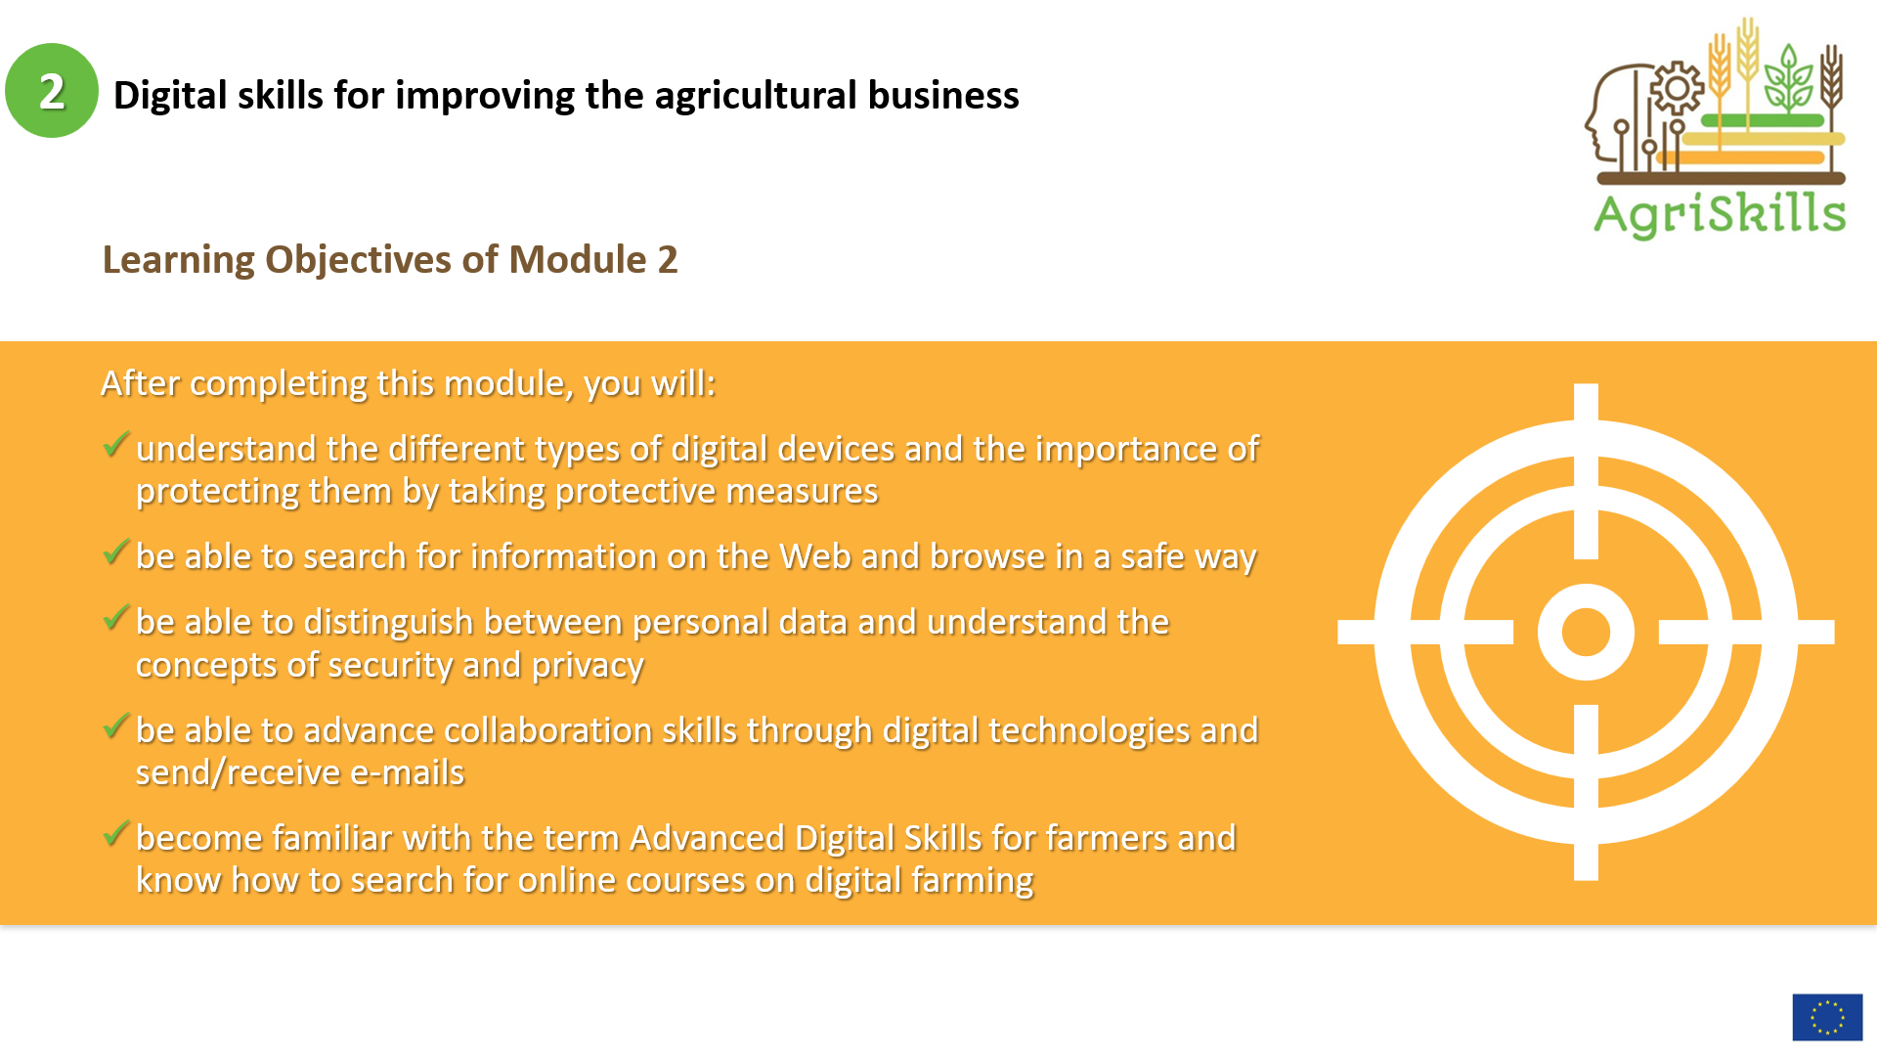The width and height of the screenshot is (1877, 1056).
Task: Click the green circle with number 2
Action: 52,91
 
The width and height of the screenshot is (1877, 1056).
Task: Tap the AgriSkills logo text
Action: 1720,214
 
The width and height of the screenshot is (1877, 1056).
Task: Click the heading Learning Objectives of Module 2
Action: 390,260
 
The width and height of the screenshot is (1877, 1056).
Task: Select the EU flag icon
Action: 1827,1017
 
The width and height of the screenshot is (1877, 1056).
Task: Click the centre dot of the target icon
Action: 1586,632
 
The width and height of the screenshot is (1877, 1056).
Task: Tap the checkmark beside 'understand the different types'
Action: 116,445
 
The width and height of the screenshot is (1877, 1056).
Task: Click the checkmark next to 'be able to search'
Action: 116,552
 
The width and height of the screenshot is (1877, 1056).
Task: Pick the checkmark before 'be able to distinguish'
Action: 116,618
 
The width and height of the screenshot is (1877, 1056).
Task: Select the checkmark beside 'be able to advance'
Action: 116,726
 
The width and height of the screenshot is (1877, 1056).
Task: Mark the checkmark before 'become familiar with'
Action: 116,834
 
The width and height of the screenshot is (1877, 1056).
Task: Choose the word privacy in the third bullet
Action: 588,666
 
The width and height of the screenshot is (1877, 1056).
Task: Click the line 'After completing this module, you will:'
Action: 409,384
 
